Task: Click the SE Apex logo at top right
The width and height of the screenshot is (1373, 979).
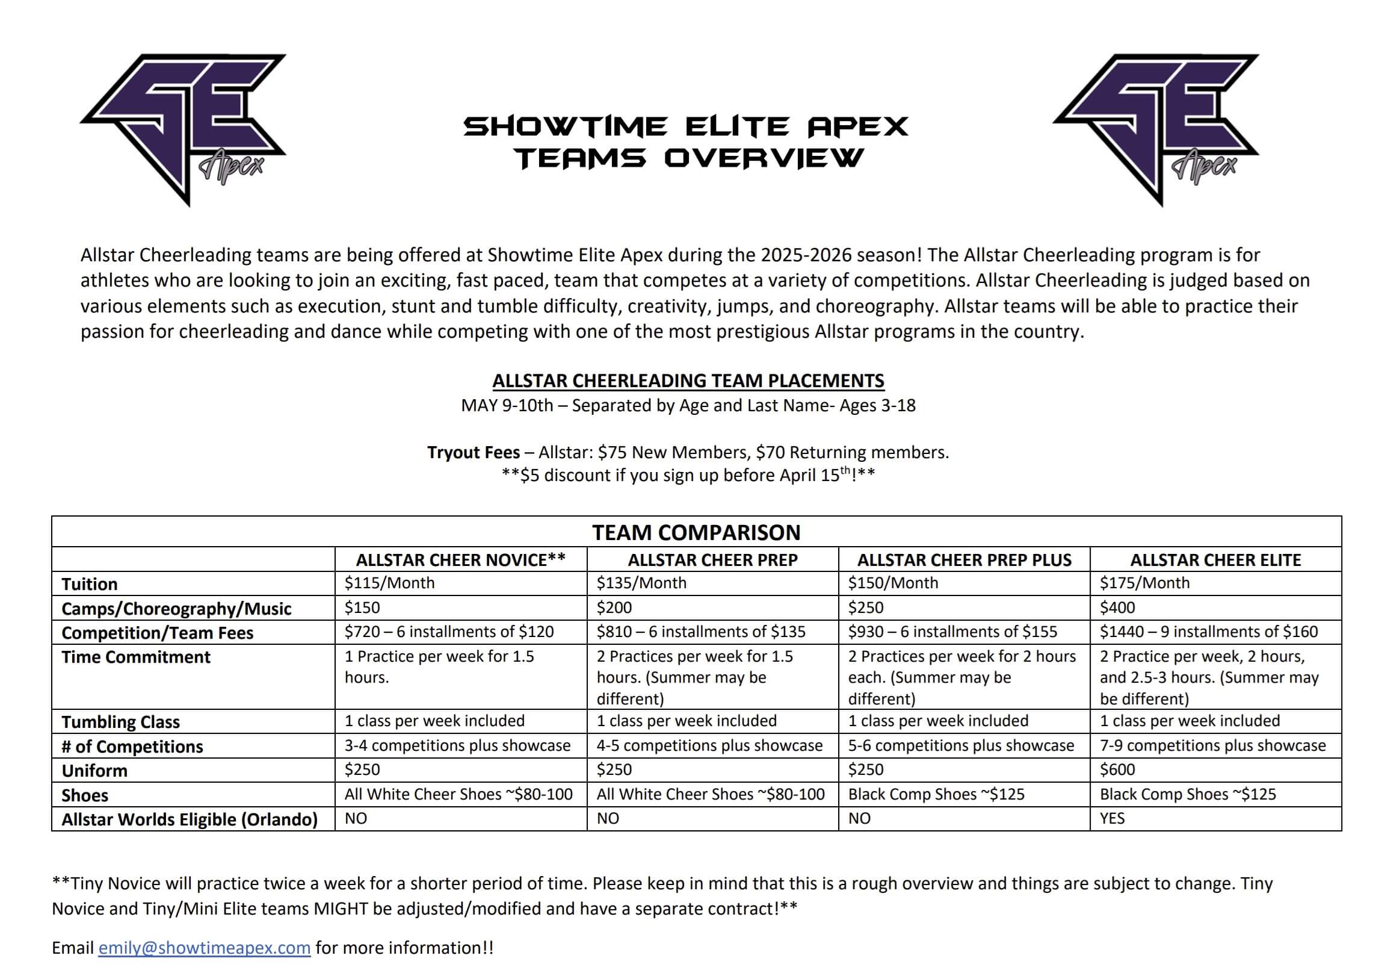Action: [1156, 126]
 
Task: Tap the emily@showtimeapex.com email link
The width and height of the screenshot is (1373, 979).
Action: [204, 948]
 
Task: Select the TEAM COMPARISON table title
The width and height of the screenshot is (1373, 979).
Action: [696, 532]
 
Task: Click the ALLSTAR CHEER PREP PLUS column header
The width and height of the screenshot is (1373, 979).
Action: [964, 560]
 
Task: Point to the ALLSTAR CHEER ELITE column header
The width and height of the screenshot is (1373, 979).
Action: [1215, 560]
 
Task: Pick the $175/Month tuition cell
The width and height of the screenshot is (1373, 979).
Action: [1145, 583]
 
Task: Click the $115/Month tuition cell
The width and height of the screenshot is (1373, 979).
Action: [389, 583]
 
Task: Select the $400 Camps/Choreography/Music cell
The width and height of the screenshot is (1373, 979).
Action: [1117, 608]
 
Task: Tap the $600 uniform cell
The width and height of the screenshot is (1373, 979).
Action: [1117, 770]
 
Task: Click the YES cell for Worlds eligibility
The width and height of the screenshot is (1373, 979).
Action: [1112, 818]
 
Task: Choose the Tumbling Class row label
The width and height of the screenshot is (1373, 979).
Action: [120, 721]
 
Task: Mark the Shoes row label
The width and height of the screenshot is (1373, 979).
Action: [85, 795]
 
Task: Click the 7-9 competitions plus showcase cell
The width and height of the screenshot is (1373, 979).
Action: [1212, 746]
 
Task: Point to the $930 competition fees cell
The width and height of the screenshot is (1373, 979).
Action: [952, 632]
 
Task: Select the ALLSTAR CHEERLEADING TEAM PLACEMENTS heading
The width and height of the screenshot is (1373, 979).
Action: [688, 381]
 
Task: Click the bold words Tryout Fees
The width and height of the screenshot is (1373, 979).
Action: [474, 452]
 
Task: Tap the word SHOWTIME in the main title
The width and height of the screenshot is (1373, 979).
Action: [566, 126]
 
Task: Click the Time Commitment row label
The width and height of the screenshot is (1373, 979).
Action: [136, 657]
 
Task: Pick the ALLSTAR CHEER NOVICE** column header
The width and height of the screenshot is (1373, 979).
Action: [460, 560]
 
